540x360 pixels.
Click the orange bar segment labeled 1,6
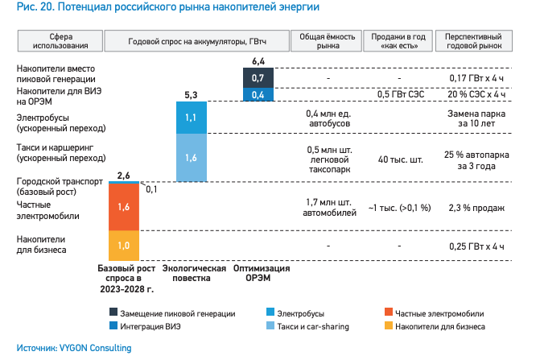coord(124,207)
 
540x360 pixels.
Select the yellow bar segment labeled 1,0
coord(124,244)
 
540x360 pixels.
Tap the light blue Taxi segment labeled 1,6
coord(192,158)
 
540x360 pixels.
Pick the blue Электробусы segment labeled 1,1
coord(192,117)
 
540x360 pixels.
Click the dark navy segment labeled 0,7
coord(258,78)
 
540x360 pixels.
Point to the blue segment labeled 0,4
coord(258,95)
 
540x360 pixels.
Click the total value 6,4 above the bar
coord(258,61)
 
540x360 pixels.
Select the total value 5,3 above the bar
coord(192,95)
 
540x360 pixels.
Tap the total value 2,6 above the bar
coord(124,175)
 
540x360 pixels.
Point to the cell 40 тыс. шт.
coord(400,159)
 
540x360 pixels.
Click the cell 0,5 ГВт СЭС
coord(400,95)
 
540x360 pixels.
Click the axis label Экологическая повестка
coord(192,273)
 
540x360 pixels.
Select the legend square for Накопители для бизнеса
coord(389,327)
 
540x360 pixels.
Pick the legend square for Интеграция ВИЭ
coord(113,327)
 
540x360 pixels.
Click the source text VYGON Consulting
coord(93,349)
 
